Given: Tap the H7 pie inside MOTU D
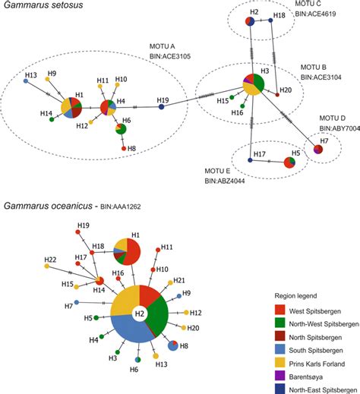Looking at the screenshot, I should (318, 149).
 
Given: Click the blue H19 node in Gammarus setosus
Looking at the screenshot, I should (162, 107).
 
